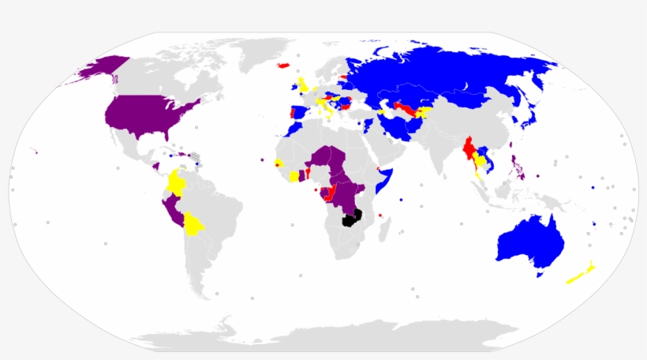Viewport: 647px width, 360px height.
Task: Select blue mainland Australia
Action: coord(530,241)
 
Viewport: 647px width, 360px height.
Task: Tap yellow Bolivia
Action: coord(192,227)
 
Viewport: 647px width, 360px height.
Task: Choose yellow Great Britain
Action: coord(303,85)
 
